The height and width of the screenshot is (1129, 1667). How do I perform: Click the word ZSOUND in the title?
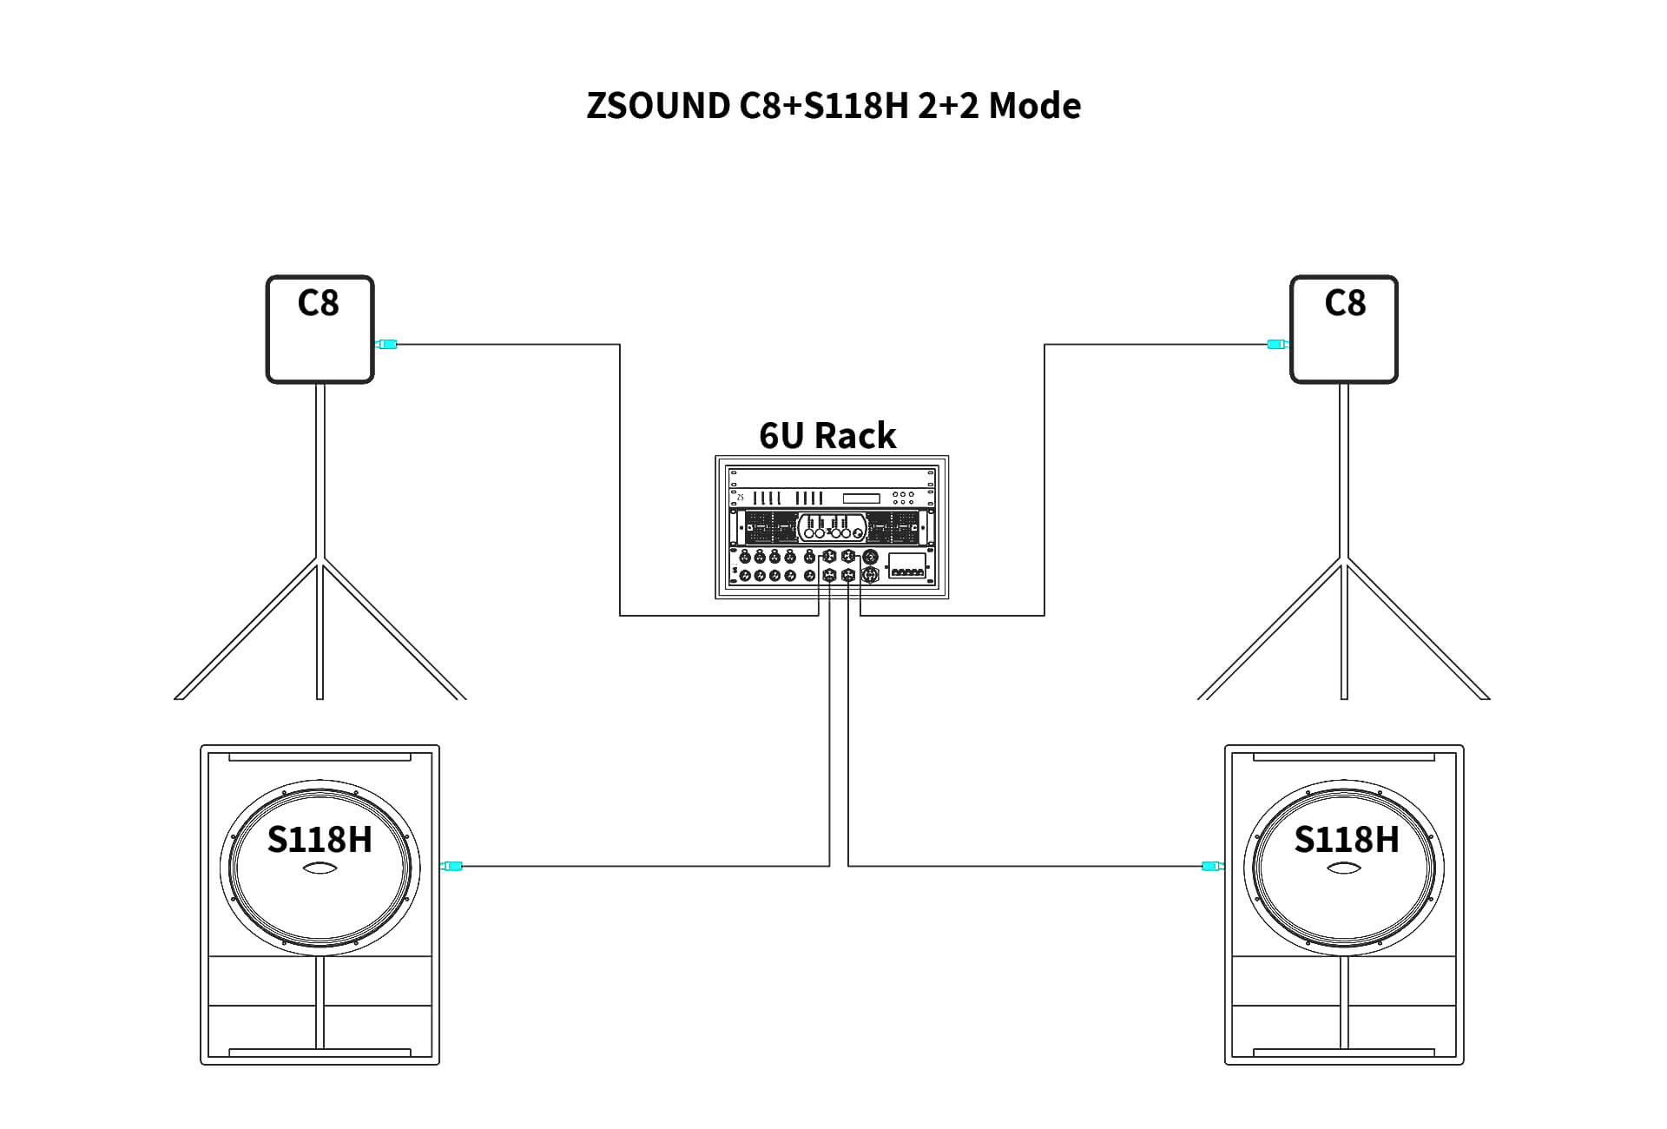coord(658,106)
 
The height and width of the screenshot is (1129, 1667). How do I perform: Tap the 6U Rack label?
coord(827,435)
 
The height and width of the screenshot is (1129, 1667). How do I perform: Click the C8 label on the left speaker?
coord(319,303)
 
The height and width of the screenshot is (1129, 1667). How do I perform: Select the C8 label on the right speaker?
coord(1345,303)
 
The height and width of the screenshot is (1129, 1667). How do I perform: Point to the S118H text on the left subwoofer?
coord(320,840)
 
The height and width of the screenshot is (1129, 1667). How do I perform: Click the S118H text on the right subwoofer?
coord(1347,840)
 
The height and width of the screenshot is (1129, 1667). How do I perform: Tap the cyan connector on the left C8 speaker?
coord(386,345)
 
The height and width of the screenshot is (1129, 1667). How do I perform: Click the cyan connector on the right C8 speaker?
coord(1275,345)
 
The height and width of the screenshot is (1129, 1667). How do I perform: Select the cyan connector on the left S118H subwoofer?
coord(452,866)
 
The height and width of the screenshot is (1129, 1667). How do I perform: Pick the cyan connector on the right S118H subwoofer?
coord(1212,866)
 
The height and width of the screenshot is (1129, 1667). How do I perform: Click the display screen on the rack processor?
coord(861,498)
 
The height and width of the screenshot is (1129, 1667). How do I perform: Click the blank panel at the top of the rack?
coord(832,478)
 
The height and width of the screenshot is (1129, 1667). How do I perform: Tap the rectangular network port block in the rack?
coord(906,564)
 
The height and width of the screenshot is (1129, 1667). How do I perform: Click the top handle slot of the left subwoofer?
coord(320,757)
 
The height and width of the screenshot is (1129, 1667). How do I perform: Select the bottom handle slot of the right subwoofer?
coord(1344,1053)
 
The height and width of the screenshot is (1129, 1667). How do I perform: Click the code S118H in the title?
coord(856,106)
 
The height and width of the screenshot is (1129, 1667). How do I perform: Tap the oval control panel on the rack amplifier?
coord(832,527)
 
